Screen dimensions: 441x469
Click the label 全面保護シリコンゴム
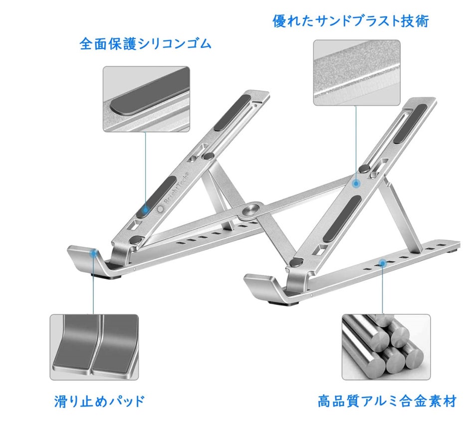(145, 44)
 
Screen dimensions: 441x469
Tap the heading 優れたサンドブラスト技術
(350, 21)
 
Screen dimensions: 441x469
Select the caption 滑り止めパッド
(99, 400)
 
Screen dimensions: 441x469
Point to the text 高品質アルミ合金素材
(387, 401)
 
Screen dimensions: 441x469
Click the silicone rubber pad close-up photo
(146, 99)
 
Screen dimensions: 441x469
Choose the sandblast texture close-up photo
(356, 73)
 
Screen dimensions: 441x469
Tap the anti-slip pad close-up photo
(94, 347)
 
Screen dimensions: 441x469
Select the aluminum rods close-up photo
(386, 347)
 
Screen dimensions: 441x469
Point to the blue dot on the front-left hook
(93, 253)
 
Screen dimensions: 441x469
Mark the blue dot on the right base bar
(383, 262)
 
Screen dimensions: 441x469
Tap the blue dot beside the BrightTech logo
(145, 210)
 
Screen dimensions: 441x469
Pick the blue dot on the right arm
(356, 184)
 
